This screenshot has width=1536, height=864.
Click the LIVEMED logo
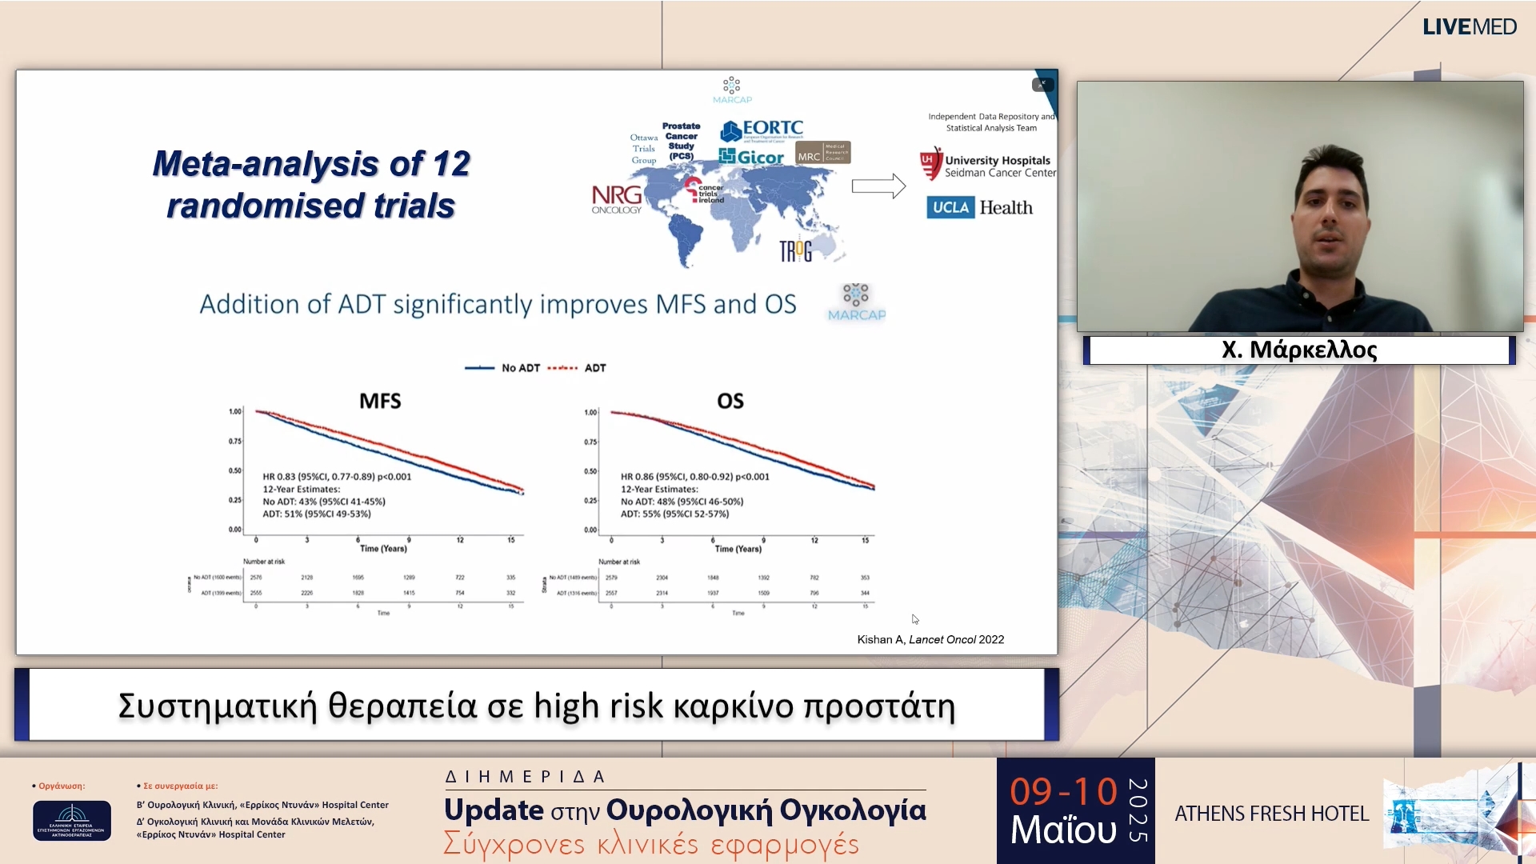point(1469,27)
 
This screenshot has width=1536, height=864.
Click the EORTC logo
point(762,130)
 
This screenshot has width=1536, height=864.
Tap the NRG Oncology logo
point(617,198)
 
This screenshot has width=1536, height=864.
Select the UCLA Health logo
point(979,208)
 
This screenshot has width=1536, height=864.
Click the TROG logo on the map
point(795,251)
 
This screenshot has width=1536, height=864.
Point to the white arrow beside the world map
point(878,186)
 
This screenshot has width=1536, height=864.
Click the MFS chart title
point(380,401)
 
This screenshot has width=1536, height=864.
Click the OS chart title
point(730,401)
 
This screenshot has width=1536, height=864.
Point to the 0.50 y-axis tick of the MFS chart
point(234,470)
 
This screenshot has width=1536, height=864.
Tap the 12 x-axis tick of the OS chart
point(814,541)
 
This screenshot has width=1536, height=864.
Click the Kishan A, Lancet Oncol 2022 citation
point(930,639)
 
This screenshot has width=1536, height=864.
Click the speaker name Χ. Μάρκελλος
point(1298,350)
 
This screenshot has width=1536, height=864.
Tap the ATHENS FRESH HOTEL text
point(1271,814)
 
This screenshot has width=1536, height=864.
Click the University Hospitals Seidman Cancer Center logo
point(987,166)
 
